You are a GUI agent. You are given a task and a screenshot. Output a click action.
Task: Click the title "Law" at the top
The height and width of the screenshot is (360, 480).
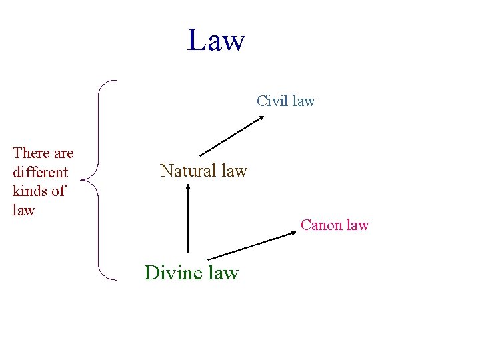[x=216, y=40]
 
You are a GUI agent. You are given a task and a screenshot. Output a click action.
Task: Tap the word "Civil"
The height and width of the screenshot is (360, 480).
[x=271, y=101]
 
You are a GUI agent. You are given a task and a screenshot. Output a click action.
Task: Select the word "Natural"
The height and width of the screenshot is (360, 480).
[x=189, y=171]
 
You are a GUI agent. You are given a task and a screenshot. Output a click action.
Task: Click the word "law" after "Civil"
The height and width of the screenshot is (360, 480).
[x=303, y=101]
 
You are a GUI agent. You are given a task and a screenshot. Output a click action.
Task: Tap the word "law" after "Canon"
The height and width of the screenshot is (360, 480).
[x=356, y=225]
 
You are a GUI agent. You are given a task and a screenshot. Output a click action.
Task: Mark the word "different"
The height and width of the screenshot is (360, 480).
[x=40, y=172]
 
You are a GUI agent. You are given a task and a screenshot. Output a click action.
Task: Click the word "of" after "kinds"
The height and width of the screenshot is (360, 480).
[x=58, y=191]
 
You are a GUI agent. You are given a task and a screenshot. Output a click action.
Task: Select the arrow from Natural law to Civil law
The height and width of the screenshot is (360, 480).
[x=231, y=136]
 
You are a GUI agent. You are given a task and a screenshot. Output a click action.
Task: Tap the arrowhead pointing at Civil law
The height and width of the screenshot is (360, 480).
[x=261, y=118]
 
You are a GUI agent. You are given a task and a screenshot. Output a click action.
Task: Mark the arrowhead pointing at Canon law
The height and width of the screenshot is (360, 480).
[x=294, y=233]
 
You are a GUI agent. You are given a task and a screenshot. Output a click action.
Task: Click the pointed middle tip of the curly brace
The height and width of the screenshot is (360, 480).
[x=81, y=179]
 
